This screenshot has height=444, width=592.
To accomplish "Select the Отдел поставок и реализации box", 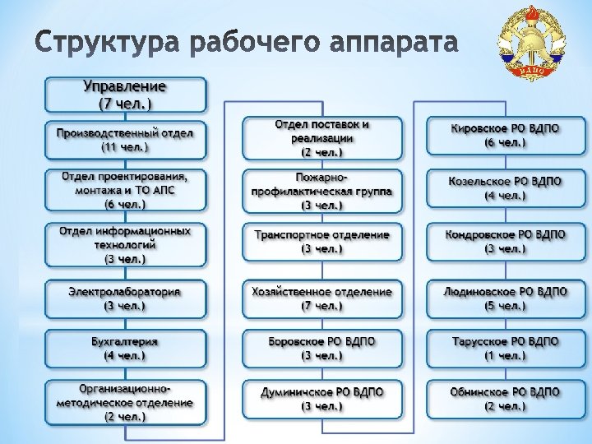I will (322, 138).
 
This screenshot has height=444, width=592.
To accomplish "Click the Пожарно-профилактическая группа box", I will (322, 191).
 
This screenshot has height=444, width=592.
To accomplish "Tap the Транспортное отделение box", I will (322, 242).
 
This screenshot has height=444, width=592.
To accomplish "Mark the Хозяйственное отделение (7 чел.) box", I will (322, 298).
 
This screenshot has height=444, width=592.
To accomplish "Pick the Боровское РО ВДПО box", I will (322, 349).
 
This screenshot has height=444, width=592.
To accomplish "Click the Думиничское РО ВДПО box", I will (322, 399).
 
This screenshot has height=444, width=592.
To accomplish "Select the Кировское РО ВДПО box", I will (506, 136).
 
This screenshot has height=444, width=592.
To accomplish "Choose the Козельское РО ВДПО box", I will (506, 188).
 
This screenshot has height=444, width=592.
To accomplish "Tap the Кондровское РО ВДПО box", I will (506, 242).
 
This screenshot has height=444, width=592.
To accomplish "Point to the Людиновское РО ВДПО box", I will (506, 298).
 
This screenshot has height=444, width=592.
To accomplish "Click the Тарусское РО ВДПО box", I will (506, 349).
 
